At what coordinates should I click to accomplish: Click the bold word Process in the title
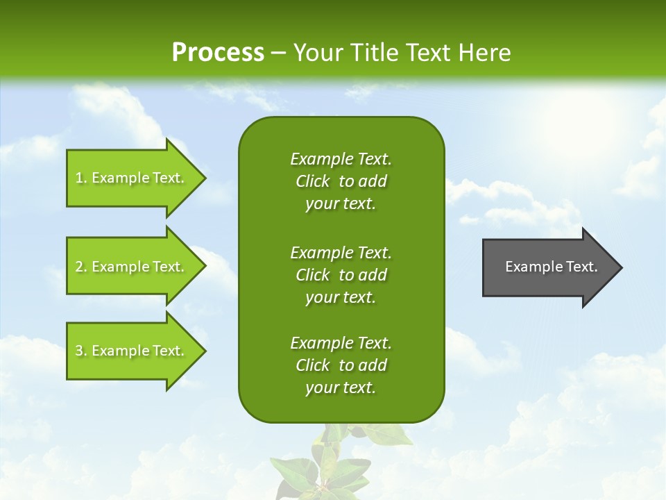point(218,53)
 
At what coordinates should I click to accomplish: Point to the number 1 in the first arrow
point(79,178)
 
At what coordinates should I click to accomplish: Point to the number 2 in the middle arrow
point(80,267)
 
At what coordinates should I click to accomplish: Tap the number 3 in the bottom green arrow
point(80,351)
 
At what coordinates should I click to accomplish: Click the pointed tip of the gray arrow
point(620,267)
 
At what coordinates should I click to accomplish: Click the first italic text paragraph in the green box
point(341,181)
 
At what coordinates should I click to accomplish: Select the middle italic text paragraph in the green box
point(341,275)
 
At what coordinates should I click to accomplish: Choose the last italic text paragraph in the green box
point(341,365)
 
